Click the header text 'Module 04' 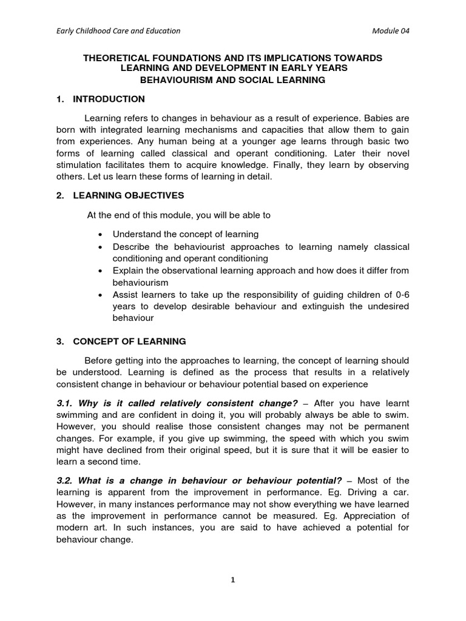click(x=395, y=31)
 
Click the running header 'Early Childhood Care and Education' click(x=115, y=31)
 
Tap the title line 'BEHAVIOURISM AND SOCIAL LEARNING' click(x=233, y=79)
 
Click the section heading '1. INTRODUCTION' click(x=100, y=99)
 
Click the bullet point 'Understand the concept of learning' click(x=186, y=234)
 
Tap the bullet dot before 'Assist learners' click(x=100, y=294)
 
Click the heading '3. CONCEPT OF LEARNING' click(x=121, y=341)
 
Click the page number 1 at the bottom click(x=233, y=580)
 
